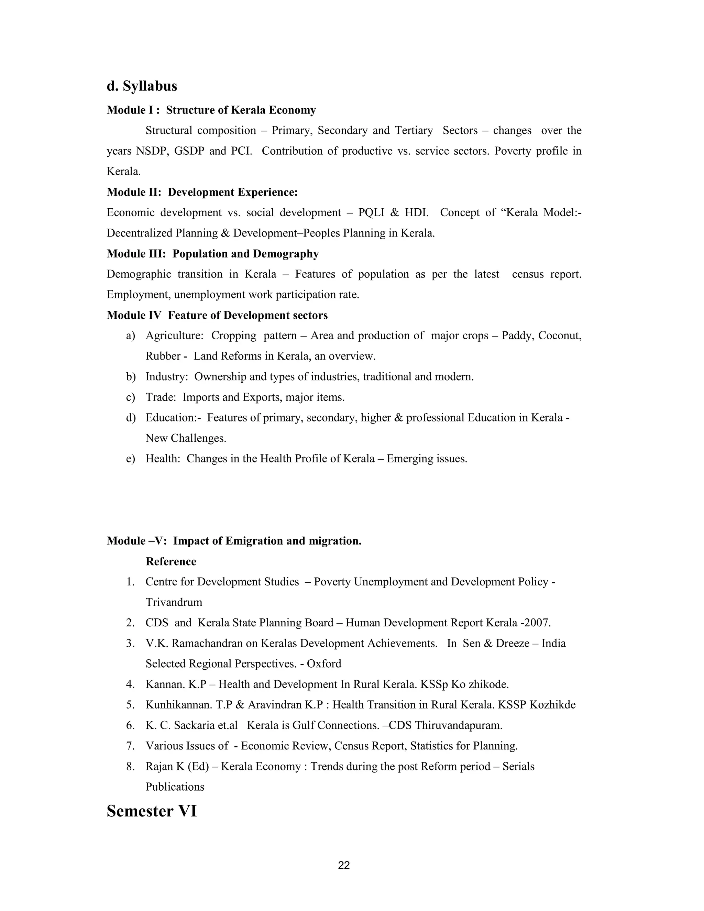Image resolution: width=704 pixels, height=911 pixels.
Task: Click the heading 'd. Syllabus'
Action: [x=142, y=86]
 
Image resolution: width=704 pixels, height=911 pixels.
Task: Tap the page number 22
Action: [x=344, y=865]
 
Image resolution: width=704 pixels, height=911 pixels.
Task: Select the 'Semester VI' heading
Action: [x=152, y=811]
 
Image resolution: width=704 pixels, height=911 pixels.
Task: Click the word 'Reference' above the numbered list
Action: [x=170, y=561]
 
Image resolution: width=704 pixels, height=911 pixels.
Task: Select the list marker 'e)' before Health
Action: [x=131, y=459]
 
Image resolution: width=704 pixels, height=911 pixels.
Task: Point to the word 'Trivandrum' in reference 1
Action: [x=174, y=602]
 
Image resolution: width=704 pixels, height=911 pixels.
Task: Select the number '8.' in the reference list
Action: [x=131, y=766]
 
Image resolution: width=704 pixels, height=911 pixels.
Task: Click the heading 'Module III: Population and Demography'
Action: [x=213, y=254]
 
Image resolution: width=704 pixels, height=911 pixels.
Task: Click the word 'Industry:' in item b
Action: [x=167, y=377]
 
